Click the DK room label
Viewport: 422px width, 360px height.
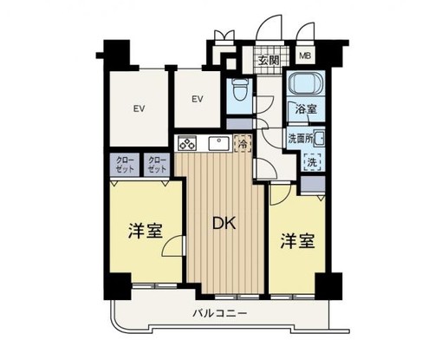224,223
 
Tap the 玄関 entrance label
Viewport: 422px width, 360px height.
269,61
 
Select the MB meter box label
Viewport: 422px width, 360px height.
305,56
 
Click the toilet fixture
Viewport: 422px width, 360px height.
240,88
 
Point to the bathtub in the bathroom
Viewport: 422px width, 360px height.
307,83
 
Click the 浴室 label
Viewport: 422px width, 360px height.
306,109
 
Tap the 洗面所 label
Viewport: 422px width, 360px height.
301,139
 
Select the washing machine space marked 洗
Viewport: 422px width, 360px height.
312,162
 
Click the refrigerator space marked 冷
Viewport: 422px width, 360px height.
243,143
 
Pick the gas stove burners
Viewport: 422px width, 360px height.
187,143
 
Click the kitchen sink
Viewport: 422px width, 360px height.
219,143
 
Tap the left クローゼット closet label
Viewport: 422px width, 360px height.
125,165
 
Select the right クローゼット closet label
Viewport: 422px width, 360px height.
158,165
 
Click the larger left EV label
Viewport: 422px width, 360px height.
139,108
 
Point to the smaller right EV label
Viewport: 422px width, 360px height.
198,99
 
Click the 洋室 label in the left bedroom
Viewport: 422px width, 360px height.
146,232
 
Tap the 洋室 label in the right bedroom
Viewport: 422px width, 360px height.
297,241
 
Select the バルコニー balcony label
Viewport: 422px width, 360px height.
220,313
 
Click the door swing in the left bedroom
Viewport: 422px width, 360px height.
173,245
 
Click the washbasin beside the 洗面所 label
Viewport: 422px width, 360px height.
319,139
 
